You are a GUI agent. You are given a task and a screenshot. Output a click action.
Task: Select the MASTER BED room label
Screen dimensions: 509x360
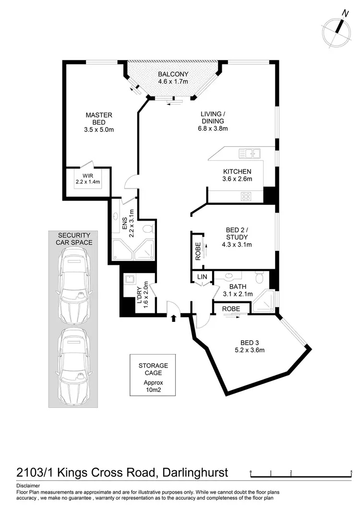coord(99,122)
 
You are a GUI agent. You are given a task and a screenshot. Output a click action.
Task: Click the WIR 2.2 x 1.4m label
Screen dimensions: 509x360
coord(87,178)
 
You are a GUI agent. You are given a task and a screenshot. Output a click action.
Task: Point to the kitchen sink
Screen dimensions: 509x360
coord(249,154)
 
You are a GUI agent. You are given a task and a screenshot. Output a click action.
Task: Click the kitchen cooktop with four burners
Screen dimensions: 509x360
coord(247,196)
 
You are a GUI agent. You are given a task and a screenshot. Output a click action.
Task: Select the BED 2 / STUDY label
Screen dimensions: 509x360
coord(237,237)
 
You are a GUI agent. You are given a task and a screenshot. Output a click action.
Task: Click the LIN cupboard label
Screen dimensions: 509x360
coord(201,277)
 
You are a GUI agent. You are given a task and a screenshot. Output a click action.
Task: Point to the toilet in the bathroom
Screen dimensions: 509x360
coord(259,278)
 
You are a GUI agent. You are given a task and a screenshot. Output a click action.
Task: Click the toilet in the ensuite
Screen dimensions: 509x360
coord(148,226)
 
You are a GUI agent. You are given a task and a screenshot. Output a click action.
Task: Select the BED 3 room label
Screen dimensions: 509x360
coord(252,346)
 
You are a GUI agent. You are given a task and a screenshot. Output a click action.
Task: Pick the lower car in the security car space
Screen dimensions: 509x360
coord(73,367)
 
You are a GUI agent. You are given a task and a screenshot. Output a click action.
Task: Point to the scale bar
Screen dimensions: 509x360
coord(301,475)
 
